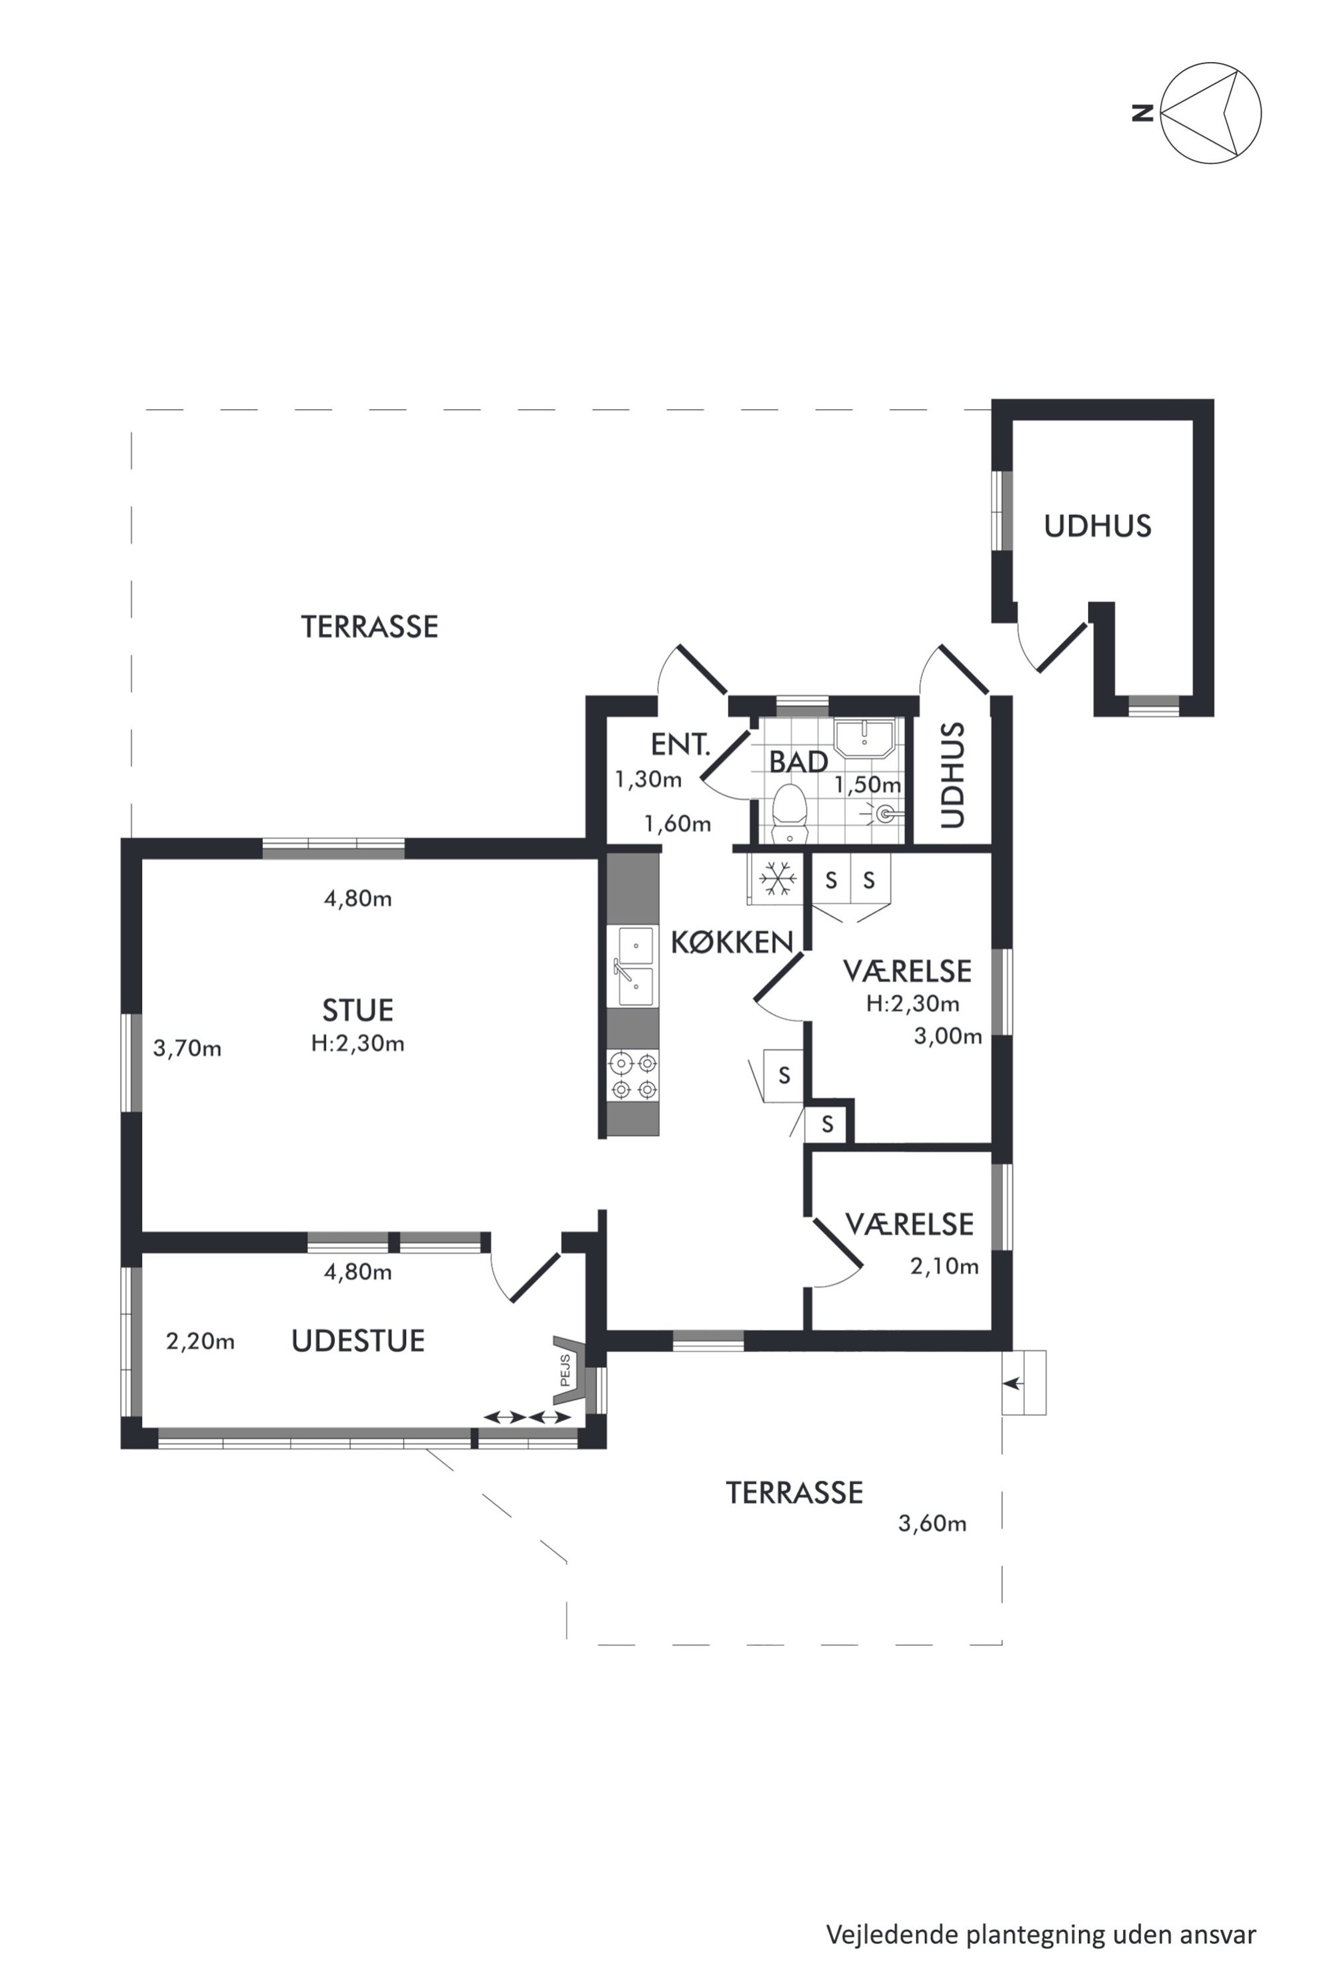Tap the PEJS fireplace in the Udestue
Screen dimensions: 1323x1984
click(x=569, y=1370)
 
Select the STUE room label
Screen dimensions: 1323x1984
click(x=357, y=1010)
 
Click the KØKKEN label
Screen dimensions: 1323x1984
click(x=732, y=942)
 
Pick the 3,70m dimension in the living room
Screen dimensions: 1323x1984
click(x=187, y=1049)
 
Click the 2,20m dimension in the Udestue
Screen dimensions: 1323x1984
click(x=200, y=1341)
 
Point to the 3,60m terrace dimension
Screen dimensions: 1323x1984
click(x=932, y=1523)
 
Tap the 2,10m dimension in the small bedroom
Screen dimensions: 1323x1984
click(x=944, y=1266)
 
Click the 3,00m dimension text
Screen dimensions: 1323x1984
click(x=948, y=1036)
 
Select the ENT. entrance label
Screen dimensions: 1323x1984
click(x=681, y=745)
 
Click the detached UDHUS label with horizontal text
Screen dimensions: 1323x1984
click(x=1098, y=527)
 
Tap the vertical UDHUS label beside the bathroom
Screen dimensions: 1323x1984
click(x=952, y=775)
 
